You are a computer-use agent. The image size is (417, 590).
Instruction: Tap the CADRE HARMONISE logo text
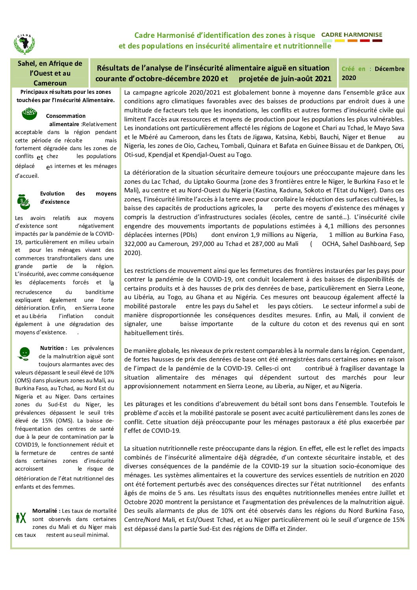pos(352,35)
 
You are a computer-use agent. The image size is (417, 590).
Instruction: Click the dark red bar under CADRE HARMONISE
pos(377,41)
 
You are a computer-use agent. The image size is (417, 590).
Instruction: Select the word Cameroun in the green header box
pos(50,83)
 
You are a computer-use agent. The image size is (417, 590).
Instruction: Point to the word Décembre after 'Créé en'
pos(389,69)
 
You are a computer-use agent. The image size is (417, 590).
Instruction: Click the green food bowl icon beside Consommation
pos(29,114)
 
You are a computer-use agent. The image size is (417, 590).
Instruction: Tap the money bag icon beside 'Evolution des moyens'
pos(24,201)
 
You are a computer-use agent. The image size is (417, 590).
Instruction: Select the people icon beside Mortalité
pos(21,517)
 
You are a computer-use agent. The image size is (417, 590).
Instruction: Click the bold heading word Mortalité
pos(46,511)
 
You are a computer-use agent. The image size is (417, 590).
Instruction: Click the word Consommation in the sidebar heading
pos(65,116)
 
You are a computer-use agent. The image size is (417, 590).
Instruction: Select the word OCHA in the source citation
pos(330,244)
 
